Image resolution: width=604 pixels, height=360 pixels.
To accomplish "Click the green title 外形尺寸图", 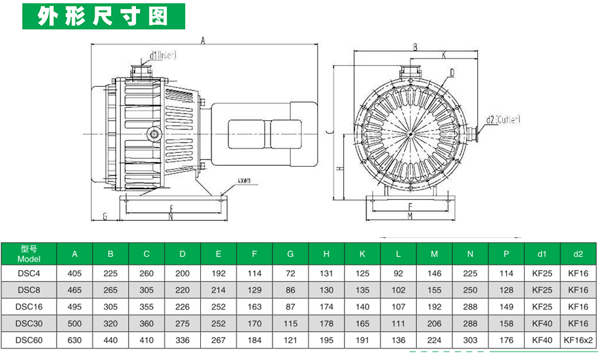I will pos(104,16).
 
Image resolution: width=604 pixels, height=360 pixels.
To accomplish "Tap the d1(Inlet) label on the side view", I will pos(163,55).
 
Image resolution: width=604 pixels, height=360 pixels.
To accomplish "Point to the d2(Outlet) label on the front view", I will pos(504,120).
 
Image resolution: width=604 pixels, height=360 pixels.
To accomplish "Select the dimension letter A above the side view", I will pos(204,41).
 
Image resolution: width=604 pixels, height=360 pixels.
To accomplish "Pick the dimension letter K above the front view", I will pos(444,55).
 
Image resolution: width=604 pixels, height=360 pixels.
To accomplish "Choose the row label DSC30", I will pos(29,323).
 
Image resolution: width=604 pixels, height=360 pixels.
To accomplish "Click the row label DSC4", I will pos(29,272).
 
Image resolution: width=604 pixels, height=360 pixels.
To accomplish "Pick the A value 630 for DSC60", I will pos(74,340).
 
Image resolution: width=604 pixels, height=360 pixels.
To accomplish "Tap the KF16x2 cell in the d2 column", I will pos(578,340).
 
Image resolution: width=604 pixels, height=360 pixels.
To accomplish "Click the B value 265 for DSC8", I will pos(110,289).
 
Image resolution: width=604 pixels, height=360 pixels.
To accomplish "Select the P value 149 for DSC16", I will pos(506,306).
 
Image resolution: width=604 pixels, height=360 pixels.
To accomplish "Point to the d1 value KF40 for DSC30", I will pos(542,323).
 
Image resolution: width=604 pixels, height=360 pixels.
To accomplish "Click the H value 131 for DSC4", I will pos(326,272).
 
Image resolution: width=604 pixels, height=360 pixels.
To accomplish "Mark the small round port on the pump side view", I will pos(155,134).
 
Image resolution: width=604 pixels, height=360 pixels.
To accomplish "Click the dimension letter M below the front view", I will pos(410,215).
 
